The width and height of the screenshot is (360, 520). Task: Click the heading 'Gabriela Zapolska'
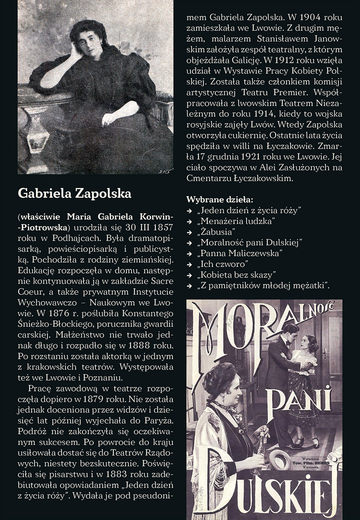click(x=75, y=193)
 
